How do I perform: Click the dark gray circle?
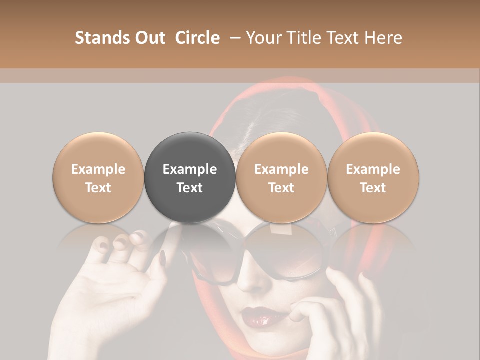[x=190, y=177]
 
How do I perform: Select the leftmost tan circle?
[x=98, y=177]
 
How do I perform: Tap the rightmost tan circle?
[x=373, y=177]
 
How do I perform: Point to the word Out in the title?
[x=149, y=38]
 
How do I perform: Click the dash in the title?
[x=233, y=38]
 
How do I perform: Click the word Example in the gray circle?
[x=190, y=169]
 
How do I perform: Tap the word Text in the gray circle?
[x=190, y=187]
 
